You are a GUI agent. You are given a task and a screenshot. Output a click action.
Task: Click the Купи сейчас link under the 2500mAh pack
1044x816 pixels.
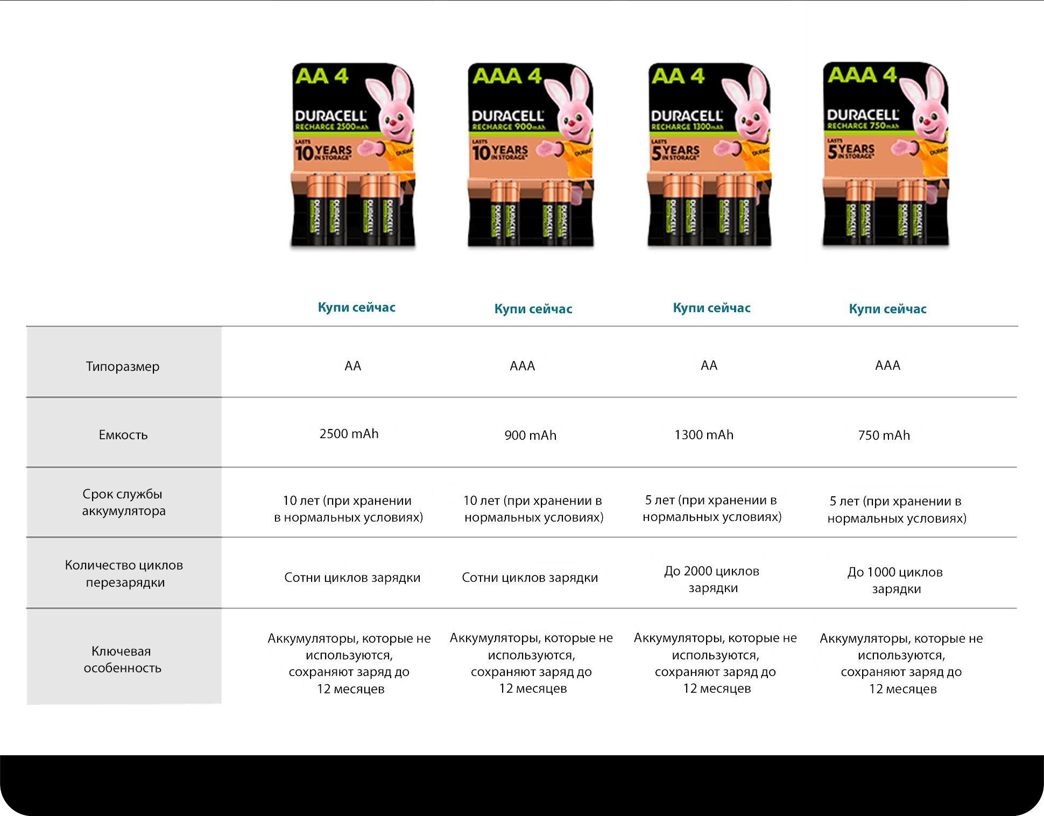[x=356, y=307]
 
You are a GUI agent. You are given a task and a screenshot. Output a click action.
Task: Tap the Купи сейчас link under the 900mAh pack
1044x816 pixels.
[x=533, y=308]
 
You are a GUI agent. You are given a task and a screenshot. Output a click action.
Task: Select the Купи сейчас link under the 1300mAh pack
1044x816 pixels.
[x=711, y=307]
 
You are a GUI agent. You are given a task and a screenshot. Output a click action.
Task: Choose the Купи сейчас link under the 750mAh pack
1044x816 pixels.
[x=887, y=308]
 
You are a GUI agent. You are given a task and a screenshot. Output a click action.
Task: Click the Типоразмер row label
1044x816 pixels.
[x=123, y=367]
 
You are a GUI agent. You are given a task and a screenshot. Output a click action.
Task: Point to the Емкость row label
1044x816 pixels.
[x=123, y=435]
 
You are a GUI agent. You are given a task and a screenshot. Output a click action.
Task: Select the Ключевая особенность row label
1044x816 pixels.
[x=123, y=659]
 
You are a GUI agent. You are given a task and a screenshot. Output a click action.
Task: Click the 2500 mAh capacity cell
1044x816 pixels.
[x=349, y=433]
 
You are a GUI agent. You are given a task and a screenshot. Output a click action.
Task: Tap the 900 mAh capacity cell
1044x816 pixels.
[x=530, y=435]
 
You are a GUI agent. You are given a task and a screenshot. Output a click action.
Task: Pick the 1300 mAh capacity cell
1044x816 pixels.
[x=704, y=434]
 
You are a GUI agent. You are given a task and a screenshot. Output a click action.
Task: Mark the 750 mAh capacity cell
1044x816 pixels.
[x=884, y=435]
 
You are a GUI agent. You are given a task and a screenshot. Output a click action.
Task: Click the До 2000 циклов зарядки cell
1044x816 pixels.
[x=712, y=579]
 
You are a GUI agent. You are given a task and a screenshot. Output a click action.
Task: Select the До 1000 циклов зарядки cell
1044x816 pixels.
[x=895, y=580]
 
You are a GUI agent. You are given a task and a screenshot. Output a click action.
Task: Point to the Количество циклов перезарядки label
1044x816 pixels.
[x=124, y=574]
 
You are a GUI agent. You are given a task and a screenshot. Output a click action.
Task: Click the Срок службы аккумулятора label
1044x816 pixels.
[x=123, y=502]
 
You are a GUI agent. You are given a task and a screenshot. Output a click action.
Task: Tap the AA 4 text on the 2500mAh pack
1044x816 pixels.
[x=322, y=76]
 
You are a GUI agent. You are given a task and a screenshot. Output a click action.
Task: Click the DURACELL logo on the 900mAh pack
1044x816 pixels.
[x=507, y=116]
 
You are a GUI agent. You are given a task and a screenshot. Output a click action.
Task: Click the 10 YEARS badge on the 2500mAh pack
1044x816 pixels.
[x=323, y=152]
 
